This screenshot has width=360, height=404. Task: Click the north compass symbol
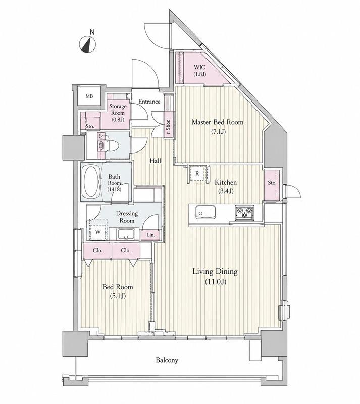[x=87, y=44]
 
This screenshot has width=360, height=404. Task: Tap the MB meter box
[x=89, y=96]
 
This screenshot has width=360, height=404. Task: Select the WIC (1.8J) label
[x=200, y=71]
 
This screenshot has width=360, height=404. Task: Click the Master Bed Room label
[x=218, y=122]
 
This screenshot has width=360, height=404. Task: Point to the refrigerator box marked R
[x=197, y=174]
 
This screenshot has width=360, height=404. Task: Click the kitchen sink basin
[x=205, y=212]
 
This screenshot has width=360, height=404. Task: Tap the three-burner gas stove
[x=244, y=213]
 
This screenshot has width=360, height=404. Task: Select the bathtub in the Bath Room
[x=91, y=182]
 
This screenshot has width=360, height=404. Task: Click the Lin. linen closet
[x=150, y=235]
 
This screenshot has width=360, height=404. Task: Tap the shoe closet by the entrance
[x=169, y=125]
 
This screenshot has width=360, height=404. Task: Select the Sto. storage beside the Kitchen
[x=272, y=185]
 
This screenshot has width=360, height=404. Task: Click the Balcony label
[x=167, y=360]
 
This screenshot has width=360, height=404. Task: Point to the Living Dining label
[x=215, y=272]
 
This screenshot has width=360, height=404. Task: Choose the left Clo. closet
[x=97, y=250]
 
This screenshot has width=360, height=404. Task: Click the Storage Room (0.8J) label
[x=118, y=113]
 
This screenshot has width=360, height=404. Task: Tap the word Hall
[x=156, y=161]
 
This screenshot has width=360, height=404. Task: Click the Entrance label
[x=149, y=102]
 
